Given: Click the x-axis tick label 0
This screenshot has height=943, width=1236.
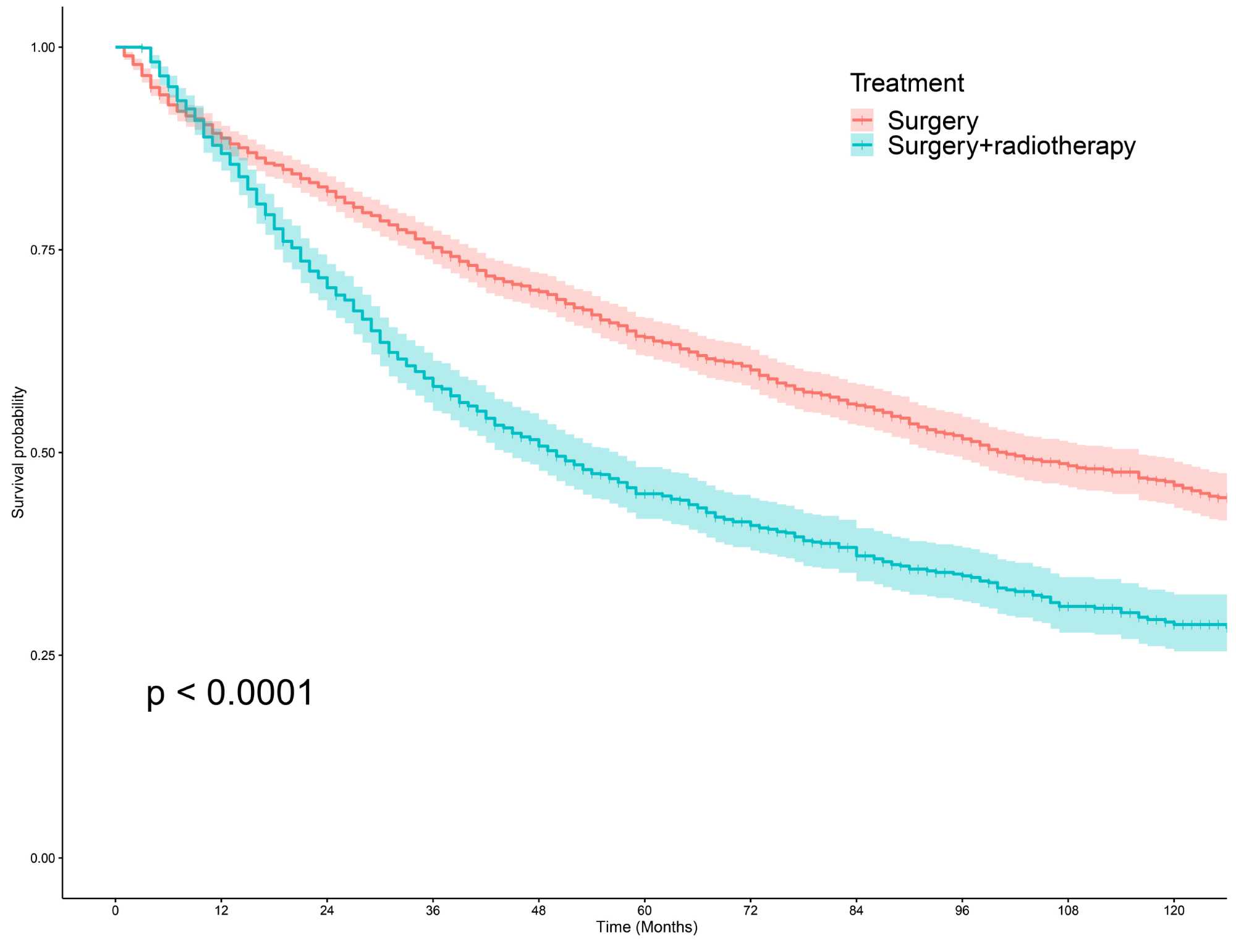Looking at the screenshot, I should [116, 910].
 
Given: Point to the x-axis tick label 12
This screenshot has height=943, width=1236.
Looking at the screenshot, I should [221, 910].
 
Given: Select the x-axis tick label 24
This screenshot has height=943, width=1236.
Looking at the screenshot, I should [327, 910].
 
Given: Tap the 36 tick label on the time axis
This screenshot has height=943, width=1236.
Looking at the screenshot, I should [433, 910].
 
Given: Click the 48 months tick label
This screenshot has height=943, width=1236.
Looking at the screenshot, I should [539, 910].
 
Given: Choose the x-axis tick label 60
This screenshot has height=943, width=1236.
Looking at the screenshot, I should [645, 910].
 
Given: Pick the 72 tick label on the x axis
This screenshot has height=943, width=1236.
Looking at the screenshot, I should [750, 910].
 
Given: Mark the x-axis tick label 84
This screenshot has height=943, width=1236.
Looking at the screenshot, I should [856, 910].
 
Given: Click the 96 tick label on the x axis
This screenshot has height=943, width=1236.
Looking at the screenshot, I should [962, 910].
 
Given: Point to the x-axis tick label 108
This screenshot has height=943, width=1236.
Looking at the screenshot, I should [1068, 910].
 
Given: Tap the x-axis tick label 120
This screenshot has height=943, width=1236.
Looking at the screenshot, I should [1174, 910].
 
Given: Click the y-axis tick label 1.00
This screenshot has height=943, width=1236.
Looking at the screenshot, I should [43, 48].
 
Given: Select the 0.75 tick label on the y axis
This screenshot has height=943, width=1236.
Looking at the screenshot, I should [43, 250].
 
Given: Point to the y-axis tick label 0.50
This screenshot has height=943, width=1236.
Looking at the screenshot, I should [43, 453].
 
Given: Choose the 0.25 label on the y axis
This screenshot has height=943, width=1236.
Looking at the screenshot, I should [43, 656].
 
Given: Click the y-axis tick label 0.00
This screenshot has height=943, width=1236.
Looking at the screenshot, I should [43, 858].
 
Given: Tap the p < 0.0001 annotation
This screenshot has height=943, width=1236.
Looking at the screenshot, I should [230, 693].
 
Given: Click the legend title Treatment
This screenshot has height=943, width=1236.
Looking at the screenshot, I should [907, 83].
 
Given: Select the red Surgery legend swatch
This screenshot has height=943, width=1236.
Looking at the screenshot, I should [861, 120].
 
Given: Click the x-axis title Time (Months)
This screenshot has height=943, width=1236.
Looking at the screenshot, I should [646, 927].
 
